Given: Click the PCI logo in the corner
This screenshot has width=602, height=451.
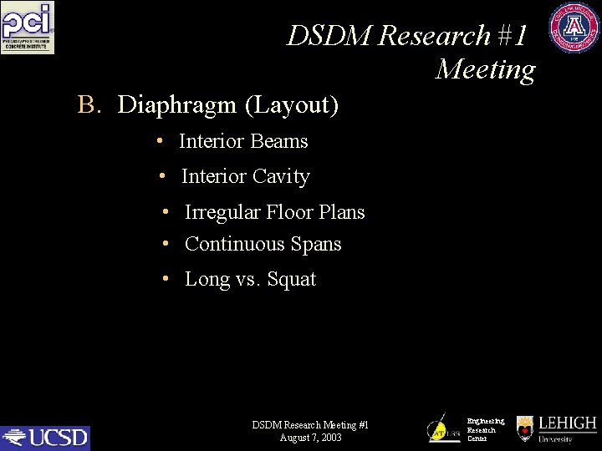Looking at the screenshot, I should click(x=28, y=28).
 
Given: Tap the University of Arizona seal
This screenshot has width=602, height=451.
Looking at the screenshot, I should click(x=574, y=28).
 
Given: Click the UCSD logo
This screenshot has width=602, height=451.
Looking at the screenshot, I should click(x=45, y=437).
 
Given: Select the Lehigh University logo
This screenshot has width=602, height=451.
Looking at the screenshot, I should click(x=557, y=429).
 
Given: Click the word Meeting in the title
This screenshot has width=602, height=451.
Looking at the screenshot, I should click(x=485, y=69).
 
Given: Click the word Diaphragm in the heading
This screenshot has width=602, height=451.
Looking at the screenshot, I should click(x=178, y=105).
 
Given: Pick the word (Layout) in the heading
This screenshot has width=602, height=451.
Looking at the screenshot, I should click(x=292, y=105).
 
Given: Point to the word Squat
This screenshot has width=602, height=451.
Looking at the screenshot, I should click(x=292, y=279).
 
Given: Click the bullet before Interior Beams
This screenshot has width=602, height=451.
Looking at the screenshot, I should click(x=160, y=141).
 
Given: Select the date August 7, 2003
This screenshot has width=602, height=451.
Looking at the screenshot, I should click(x=310, y=438).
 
